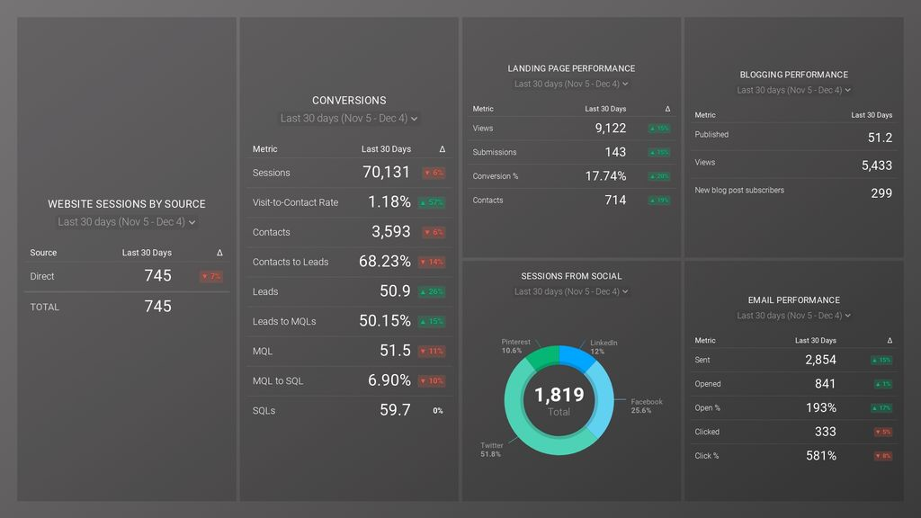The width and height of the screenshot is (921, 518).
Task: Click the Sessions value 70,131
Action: pyautogui.click(x=386, y=173)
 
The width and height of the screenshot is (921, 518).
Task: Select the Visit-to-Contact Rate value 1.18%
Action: pyautogui.click(x=389, y=202)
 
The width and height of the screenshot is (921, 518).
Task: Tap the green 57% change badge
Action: pyautogui.click(x=432, y=202)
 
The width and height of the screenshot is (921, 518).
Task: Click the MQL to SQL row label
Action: pyautogui.click(x=278, y=381)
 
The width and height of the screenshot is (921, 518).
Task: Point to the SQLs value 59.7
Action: pyautogui.click(x=395, y=410)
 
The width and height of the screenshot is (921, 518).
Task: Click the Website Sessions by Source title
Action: pyautogui.click(x=127, y=204)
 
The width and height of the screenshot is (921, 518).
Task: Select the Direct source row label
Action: pyautogui.click(x=42, y=277)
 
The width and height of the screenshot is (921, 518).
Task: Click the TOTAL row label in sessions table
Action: pyautogui.click(x=45, y=307)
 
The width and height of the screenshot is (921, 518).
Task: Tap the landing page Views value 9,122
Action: pyautogui.click(x=610, y=129)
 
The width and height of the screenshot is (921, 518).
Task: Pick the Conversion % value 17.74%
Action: pyautogui.click(x=605, y=176)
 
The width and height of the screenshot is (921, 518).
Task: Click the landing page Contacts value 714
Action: pyautogui.click(x=615, y=201)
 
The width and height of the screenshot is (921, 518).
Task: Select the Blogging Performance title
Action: pyautogui.click(x=793, y=75)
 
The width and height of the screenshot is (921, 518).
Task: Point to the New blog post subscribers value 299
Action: pyautogui.click(x=881, y=192)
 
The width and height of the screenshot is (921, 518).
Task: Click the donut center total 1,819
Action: pyautogui.click(x=559, y=395)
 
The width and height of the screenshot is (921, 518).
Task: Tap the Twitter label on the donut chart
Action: pyautogui.click(x=492, y=446)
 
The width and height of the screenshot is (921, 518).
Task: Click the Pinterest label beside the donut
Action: pyautogui.click(x=515, y=343)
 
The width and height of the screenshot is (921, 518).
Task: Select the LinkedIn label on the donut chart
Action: pyautogui.click(x=604, y=344)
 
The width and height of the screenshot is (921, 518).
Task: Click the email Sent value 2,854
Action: pyautogui.click(x=820, y=360)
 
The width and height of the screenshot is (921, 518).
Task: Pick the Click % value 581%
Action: pyautogui.click(x=821, y=456)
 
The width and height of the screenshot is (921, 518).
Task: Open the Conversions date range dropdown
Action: pyautogui.click(x=349, y=119)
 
